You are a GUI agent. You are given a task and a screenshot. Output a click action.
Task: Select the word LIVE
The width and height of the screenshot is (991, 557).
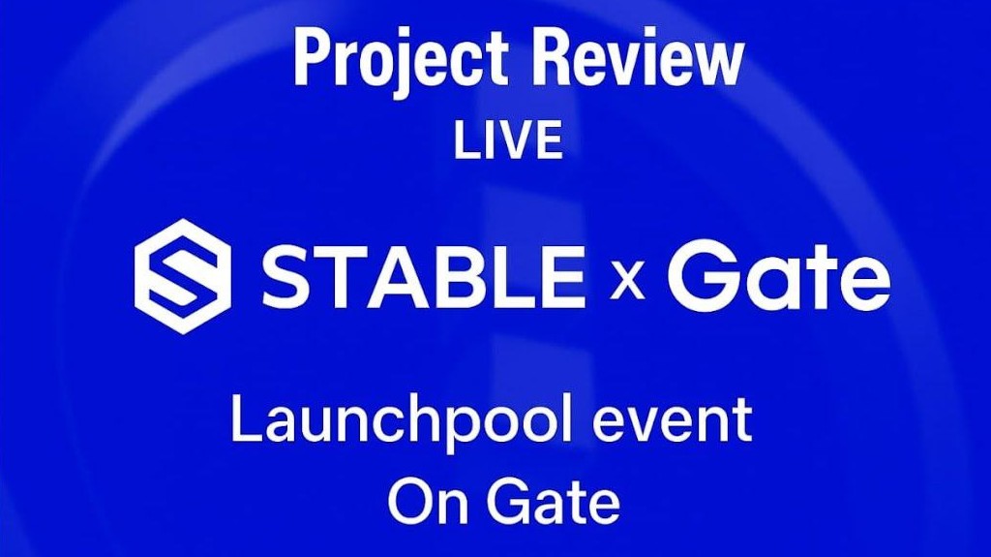(x=508, y=141)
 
